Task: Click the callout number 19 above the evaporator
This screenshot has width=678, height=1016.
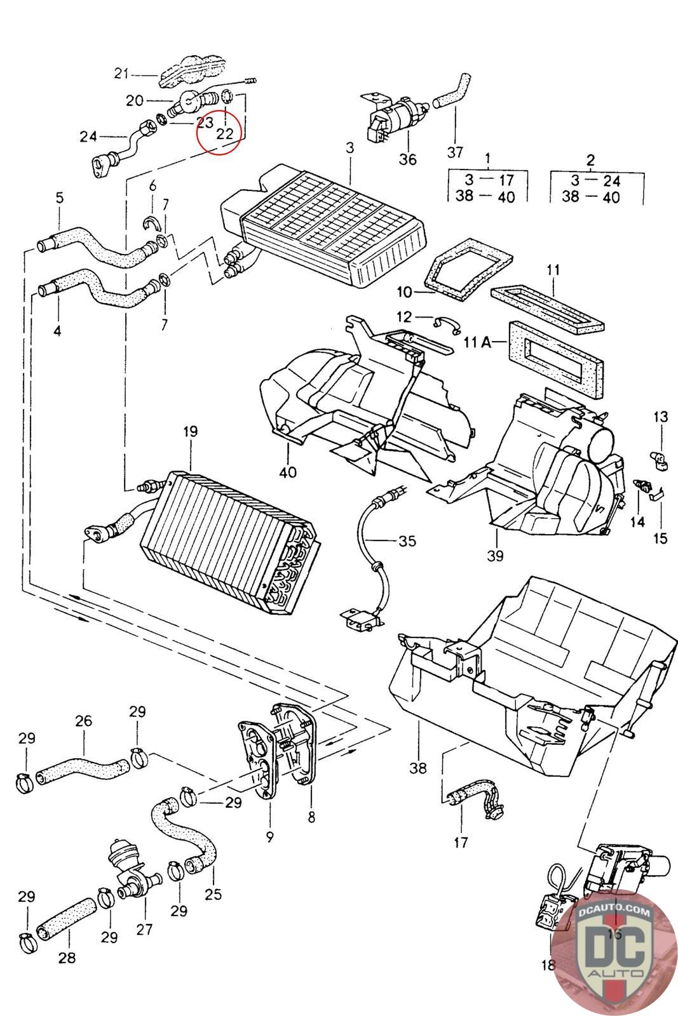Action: [x=191, y=431]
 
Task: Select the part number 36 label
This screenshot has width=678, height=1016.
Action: [x=407, y=159]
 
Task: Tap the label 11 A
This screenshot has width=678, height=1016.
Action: [x=478, y=342]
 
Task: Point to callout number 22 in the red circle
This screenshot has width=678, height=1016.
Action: [x=225, y=133]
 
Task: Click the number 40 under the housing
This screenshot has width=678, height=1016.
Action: [x=288, y=472]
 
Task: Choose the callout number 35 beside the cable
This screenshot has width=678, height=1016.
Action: [x=407, y=540]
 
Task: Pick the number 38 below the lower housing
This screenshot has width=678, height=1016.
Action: [x=418, y=768]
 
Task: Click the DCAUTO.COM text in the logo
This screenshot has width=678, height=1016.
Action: [x=614, y=911]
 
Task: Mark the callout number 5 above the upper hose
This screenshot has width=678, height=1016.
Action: [x=60, y=197]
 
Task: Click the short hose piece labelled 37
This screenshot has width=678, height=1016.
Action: [x=452, y=91]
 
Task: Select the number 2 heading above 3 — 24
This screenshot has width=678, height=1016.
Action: [x=590, y=160]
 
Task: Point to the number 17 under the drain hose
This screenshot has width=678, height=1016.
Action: [x=461, y=842]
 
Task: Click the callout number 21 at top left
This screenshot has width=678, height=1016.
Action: [x=121, y=73]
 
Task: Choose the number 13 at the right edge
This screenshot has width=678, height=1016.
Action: [x=661, y=417]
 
